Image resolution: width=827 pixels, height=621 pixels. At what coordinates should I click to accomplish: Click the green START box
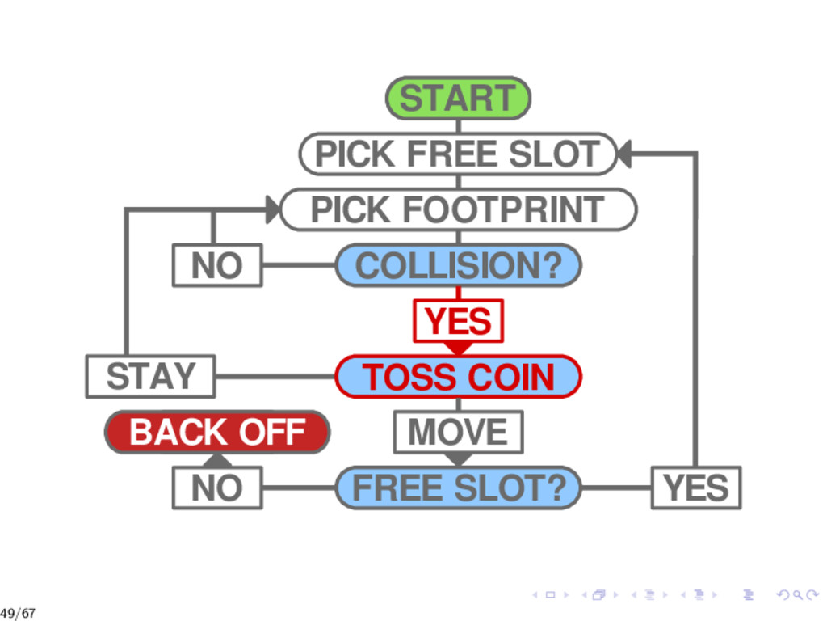click(458, 98)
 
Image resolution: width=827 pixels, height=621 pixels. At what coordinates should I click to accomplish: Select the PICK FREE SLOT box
click(458, 154)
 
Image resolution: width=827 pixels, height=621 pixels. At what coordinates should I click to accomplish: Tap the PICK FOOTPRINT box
click(458, 209)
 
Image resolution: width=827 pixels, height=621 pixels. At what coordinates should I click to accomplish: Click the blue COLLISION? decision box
click(458, 265)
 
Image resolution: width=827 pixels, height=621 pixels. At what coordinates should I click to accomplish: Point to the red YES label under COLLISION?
click(458, 321)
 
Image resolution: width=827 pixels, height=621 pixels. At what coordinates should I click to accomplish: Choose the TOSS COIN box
click(458, 377)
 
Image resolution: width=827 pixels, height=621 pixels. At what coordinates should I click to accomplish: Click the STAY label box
click(150, 377)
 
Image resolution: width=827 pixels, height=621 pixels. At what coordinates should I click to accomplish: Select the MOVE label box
click(458, 433)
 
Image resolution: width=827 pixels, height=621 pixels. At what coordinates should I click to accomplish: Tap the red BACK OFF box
click(217, 433)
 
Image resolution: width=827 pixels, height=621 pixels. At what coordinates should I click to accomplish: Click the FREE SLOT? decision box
click(458, 488)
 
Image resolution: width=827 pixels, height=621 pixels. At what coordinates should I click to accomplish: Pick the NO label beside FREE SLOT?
click(217, 488)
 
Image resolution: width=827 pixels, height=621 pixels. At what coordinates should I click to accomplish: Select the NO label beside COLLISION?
click(217, 265)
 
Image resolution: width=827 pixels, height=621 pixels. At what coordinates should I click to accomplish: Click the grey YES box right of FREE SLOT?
click(695, 488)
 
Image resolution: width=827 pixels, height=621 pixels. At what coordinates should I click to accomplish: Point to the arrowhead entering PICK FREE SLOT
click(623, 154)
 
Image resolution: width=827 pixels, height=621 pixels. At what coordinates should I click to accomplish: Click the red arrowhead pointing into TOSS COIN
click(458, 348)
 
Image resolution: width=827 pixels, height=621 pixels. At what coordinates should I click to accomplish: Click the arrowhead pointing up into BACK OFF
click(217, 460)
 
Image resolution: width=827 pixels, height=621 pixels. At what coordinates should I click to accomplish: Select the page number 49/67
click(18, 613)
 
